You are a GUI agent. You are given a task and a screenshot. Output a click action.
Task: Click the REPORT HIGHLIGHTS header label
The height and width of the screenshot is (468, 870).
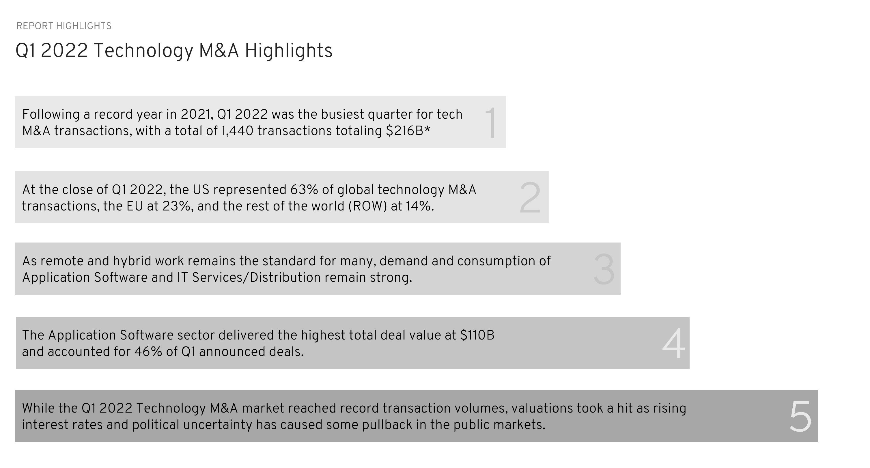[64, 26]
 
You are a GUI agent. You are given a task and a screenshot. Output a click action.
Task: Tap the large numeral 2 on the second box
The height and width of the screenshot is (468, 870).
[530, 198]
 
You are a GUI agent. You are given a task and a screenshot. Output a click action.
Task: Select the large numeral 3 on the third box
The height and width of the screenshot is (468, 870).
[604, 269]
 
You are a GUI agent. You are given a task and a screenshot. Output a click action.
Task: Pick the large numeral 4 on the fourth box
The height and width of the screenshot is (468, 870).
[673, 344]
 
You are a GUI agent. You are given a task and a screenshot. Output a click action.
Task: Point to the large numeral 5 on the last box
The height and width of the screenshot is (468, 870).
[800, 416]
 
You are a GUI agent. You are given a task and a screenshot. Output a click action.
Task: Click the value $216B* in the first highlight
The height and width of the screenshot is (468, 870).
[408, 131]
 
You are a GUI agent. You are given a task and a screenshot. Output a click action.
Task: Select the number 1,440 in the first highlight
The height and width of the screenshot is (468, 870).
[237, 131]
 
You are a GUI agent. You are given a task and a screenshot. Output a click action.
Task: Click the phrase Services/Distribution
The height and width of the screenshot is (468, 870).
[256, 278]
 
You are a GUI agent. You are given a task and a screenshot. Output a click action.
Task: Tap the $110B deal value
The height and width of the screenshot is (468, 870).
[477, 335]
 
